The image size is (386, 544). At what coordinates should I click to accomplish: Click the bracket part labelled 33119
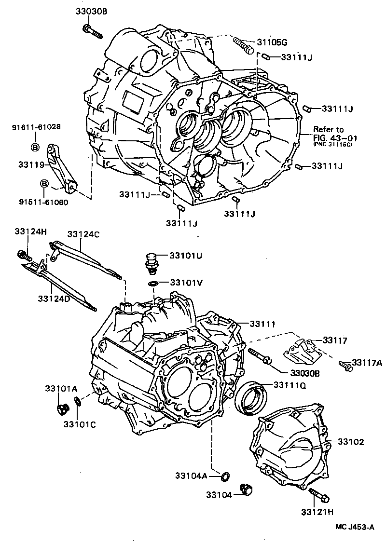coord(60,166)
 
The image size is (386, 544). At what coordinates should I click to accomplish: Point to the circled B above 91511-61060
coord(43,184)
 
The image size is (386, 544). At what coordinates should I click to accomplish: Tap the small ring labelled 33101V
coord(152,283)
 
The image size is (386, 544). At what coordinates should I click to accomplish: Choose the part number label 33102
coord(350,441)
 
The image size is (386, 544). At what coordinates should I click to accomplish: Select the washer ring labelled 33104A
coord(224,477)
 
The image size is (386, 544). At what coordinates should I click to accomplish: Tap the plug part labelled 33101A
coord(62,409)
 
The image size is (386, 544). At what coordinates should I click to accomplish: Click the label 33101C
coord(80,424)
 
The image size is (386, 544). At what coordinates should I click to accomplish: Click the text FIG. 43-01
coord(332,137)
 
